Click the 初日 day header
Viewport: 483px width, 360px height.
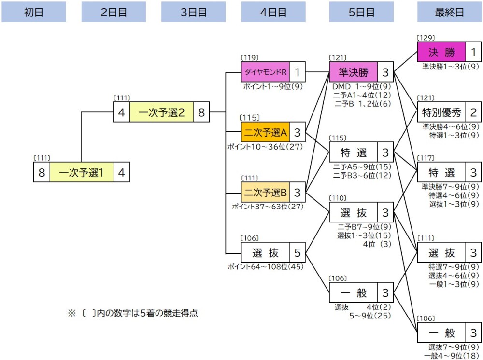pyautogui.click(x=34, y=13)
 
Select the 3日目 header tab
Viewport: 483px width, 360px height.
pyautogui.click(x=193, y=13)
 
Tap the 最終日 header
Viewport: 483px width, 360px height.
pyautogui.click(x=449, y=13)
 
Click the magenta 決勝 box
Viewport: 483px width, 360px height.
pyautogui.click(x=441, y=52)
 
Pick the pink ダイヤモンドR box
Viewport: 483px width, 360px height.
pyautogui.click(x=266, y=72)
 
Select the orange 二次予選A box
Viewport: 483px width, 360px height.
pyautogui.click(x=266, y=132)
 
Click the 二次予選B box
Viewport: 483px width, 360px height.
pyautogui.click(x=266, y=193)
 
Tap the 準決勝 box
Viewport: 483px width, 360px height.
pyautogui.click(x=353, y=72)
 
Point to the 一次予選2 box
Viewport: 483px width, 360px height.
pyautogui.click(x=161, y=112)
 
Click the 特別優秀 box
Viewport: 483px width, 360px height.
pyautogui.click(x=441, y=113)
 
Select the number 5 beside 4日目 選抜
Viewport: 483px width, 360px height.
pyautogui.click(x=297, y=253)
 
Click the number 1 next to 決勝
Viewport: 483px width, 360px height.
pyautogui.click(x=473, y=52)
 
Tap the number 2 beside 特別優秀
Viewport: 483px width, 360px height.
pyautogui.click(x=473, y=113)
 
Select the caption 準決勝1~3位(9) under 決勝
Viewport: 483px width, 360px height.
pyautogui.click(x=450, y=66)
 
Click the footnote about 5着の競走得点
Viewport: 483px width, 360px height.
pyautogui.click(x=133, y=313)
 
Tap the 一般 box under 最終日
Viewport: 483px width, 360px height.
pyautogui.click(x=441, y=332)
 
